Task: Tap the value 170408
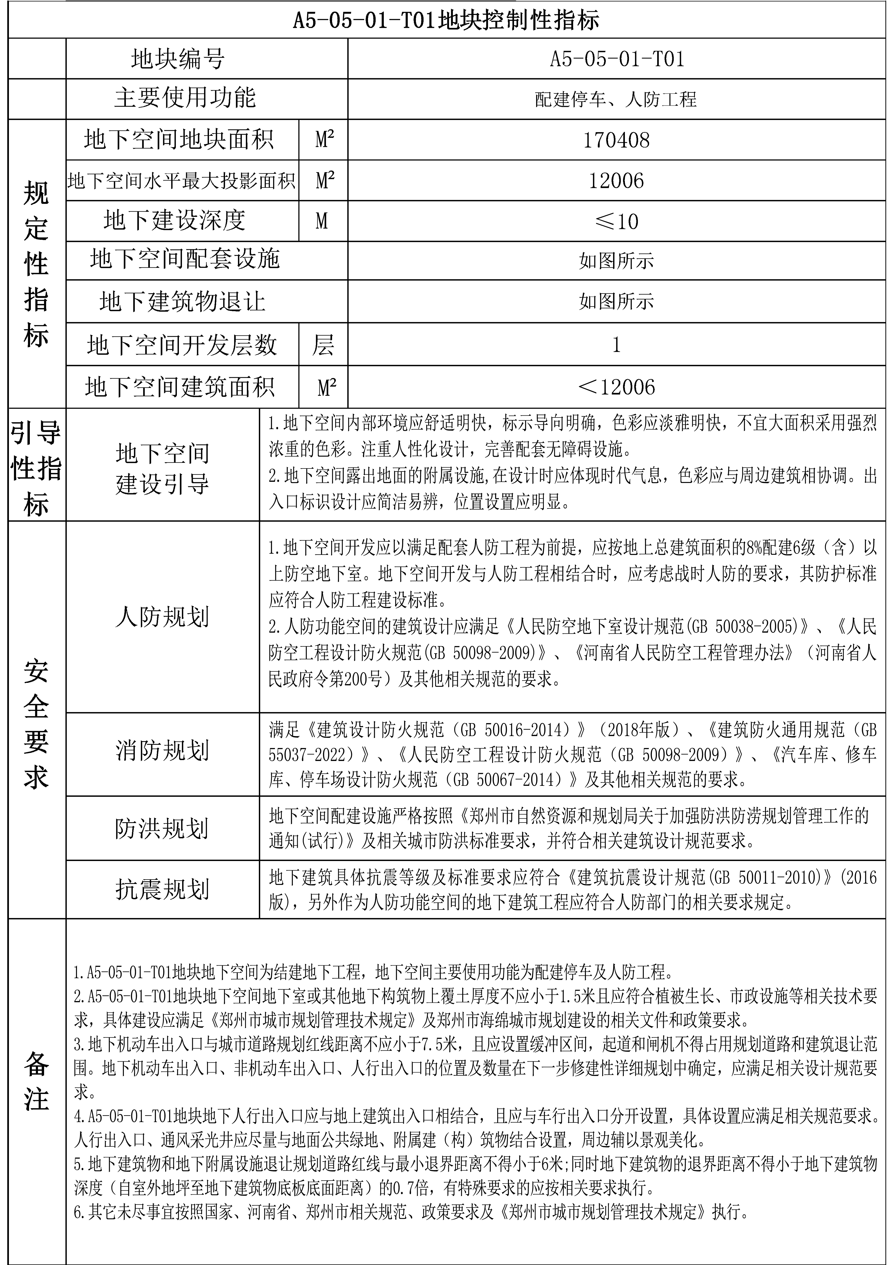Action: point(616,140)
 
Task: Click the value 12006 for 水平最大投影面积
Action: point(616,181)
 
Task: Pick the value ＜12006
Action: point(616,387)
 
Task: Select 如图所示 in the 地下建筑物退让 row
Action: point(616,301)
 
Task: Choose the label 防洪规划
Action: point(163,828)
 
